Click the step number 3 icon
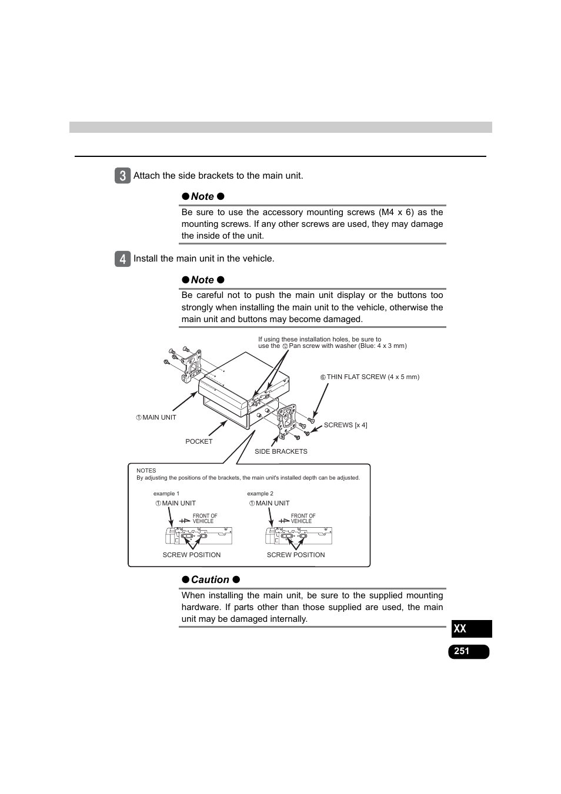tap(122, 176)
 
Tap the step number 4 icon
tap(122, 259)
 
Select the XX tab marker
tap(471, 629)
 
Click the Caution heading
tap(210, 579)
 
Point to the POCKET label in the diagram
tap(199, 441)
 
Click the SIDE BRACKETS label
tap(280, 451)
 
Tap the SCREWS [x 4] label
tap(345, 425)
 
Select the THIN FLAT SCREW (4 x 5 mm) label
tap(372, 377)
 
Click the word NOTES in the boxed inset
tap(146, 470)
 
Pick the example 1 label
tap(166, 494)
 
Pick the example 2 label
tap(260, 494)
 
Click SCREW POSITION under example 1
tap(192, 555)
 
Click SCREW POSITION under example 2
tap(296, 555)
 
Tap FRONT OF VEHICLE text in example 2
tap(303, 518)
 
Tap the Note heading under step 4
tap(202, 280)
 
